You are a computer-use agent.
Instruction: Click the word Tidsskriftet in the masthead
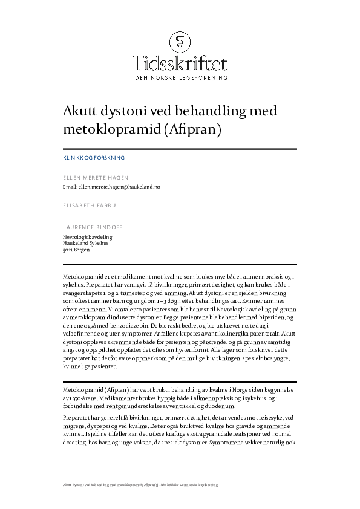point(180,62)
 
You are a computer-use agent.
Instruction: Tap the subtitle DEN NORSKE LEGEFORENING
point(180,78)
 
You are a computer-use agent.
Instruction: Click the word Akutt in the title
point(81,111)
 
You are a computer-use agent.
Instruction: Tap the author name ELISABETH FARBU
point(90,206)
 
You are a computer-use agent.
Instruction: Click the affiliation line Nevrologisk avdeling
point(88,237)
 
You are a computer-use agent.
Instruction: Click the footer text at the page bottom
point(140,485)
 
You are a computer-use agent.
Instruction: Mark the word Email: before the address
point(70,187)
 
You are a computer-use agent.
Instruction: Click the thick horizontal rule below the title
point(180,149)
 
